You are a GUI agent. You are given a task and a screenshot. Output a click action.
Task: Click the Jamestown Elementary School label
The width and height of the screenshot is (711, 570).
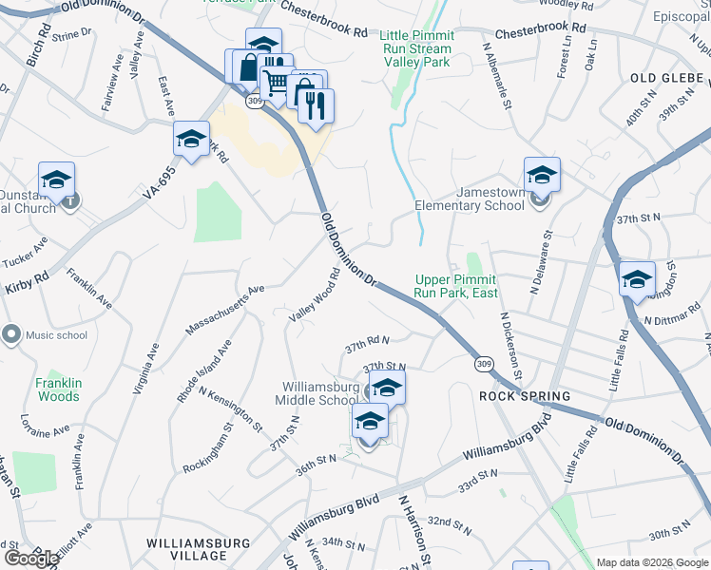tap(470, 199)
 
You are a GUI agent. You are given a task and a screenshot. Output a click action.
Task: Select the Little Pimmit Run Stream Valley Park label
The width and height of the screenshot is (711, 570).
tap(417, 48)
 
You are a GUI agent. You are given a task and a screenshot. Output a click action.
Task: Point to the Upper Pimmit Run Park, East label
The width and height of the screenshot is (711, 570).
tap(456, 286)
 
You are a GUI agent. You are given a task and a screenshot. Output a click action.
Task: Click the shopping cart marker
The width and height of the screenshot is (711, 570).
tap(276, 83)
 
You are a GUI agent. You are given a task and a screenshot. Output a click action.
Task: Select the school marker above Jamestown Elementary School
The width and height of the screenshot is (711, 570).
tap(542, 174)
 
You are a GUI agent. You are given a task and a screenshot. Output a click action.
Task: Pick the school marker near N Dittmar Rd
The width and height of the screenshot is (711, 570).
tap(637, 278)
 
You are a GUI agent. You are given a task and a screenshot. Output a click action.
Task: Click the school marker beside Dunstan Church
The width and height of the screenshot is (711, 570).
tap(56, 179)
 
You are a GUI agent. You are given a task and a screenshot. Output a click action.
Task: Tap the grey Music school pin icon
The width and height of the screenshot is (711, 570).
tap(12, 334)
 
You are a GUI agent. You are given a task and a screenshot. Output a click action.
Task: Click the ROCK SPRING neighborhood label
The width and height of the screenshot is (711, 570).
tap(525, 396)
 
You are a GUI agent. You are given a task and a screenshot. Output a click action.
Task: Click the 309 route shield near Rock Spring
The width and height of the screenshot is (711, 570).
tap(484, 364)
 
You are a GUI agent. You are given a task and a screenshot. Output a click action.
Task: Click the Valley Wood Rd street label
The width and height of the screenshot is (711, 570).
tap(316, 296)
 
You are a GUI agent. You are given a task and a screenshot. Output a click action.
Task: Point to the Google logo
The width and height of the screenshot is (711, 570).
tap(31, 559)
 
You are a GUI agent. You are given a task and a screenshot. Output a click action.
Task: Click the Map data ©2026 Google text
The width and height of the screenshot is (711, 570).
tap(651, 562)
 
